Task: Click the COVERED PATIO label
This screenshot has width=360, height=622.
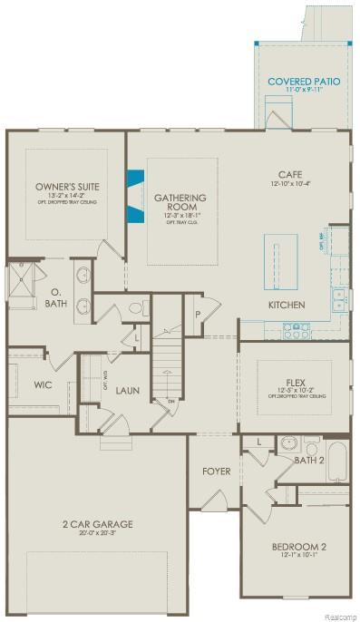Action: [304, 82]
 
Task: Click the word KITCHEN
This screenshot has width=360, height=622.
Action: [286, 305]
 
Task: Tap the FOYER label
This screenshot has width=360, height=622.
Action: [216, 471]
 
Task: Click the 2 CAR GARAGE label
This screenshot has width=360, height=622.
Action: [97, 524]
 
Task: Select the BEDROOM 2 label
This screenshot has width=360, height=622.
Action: [298, 547]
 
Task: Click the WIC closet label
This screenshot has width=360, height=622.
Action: [43, 385]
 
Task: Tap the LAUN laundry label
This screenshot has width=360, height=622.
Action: [126, 389]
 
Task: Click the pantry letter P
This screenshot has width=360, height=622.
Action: [198, 315]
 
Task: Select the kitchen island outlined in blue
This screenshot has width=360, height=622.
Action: [280, 261]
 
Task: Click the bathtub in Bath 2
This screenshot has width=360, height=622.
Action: [336, 462]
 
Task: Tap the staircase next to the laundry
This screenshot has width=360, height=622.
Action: [166, 363]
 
